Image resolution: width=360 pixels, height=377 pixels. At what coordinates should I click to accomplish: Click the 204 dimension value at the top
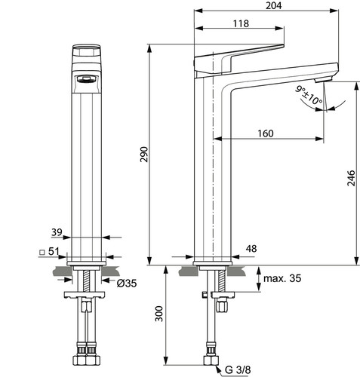(274, 5)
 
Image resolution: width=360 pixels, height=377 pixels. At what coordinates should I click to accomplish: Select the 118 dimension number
(241, 23)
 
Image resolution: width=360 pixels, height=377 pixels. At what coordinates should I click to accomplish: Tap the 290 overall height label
(144, 155)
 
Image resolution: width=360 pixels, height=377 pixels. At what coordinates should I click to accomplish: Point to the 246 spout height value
(351, 178)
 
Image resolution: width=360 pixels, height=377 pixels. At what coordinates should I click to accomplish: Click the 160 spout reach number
(266, 133)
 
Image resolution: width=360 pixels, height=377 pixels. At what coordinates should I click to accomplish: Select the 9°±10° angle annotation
(309, 96)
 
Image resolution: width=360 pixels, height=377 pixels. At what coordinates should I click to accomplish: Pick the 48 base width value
(251, 249)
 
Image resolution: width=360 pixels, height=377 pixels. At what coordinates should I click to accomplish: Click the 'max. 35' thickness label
(282, 278)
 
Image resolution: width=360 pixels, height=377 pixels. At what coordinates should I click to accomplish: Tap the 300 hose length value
(159, 314)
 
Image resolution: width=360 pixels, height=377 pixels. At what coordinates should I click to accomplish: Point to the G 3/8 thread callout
(238, 369)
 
